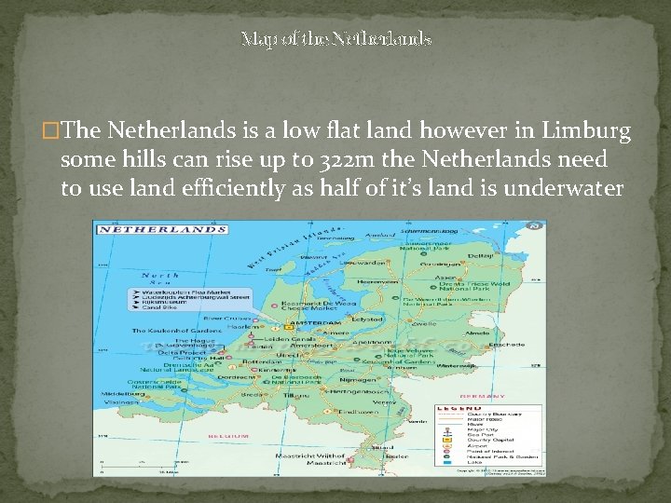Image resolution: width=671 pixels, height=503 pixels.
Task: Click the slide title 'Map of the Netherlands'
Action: (x=335, y=39)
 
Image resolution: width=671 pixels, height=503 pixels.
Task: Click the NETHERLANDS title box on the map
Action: (x=164, y=229)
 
